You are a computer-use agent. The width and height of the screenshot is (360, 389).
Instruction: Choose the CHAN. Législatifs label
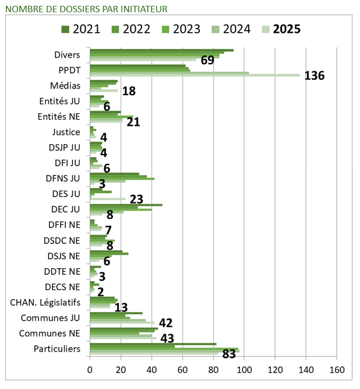pyautogui.click(x=45, y=302)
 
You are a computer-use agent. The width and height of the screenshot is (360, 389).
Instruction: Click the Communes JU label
pyautogui.click(x=50, y=318)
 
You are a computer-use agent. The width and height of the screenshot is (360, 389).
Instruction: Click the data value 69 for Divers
pyautogui.click(x=208, y=61)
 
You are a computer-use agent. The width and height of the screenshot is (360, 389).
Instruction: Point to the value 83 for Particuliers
pyautogui.click(x=230, y=353)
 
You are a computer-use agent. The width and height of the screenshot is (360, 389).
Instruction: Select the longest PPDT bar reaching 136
pyautogui.click(x=195, y=75)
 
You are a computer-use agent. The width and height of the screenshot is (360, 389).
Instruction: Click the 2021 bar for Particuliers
pyautogui.click(x=153, y=344)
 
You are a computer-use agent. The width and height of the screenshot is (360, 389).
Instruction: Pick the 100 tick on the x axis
pyautogui.click(x=244, y=370)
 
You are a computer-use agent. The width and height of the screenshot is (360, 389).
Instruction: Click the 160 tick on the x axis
pyautogui.click(x=337, y=370)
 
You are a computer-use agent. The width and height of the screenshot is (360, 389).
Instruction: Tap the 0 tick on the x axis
pyautogui.click(x=90, y=370)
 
